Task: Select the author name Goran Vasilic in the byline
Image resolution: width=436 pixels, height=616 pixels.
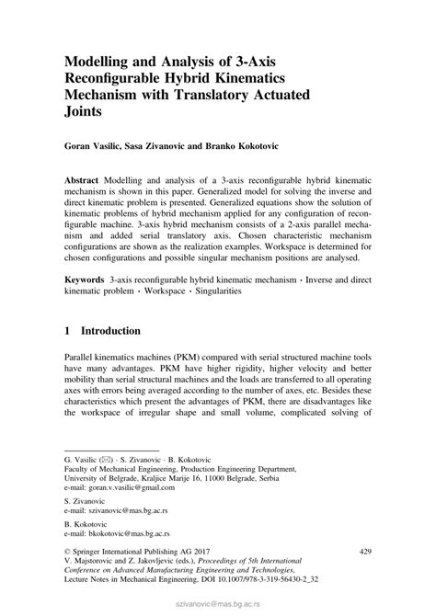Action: click(94, 146)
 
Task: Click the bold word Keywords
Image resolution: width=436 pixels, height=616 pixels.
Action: click(87, 278)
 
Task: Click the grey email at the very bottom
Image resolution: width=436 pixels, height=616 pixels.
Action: click(217, 608)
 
